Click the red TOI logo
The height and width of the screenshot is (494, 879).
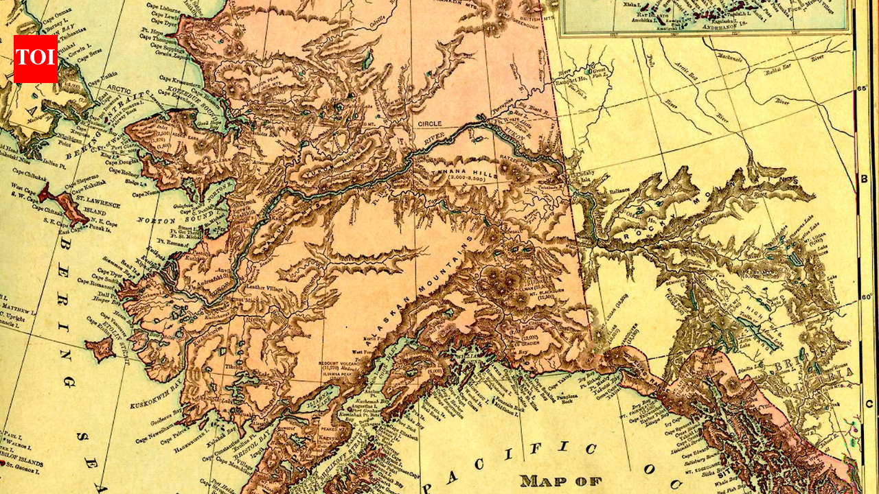35,59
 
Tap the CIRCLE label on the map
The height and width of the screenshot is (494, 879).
430,124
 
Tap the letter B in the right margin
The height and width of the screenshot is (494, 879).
864,180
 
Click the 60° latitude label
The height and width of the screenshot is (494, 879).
867,297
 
